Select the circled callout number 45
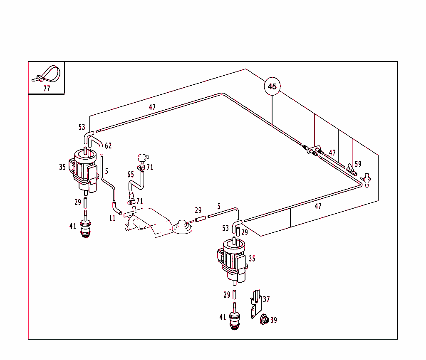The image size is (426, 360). (x=272, y=86)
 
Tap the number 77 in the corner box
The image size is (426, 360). (x=47, y=89)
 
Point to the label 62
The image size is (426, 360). (x=108, y=146)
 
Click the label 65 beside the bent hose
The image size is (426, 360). (x=131, y=175)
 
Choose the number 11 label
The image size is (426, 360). (x=112, y=218)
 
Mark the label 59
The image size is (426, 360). (x=358, y=164)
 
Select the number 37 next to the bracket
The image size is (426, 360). (x=266, y=299)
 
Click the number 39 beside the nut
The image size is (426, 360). (x=273, y=320)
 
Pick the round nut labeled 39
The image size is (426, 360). (x=263, y=319)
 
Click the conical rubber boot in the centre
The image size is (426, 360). (x=181, y=227)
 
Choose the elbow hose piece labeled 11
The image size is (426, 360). (x=116, y=208)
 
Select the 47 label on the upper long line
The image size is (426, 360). (x=152, y=107)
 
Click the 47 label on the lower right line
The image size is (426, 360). (x=318, y=206)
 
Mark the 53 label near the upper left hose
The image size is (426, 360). (x=82, y=127)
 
